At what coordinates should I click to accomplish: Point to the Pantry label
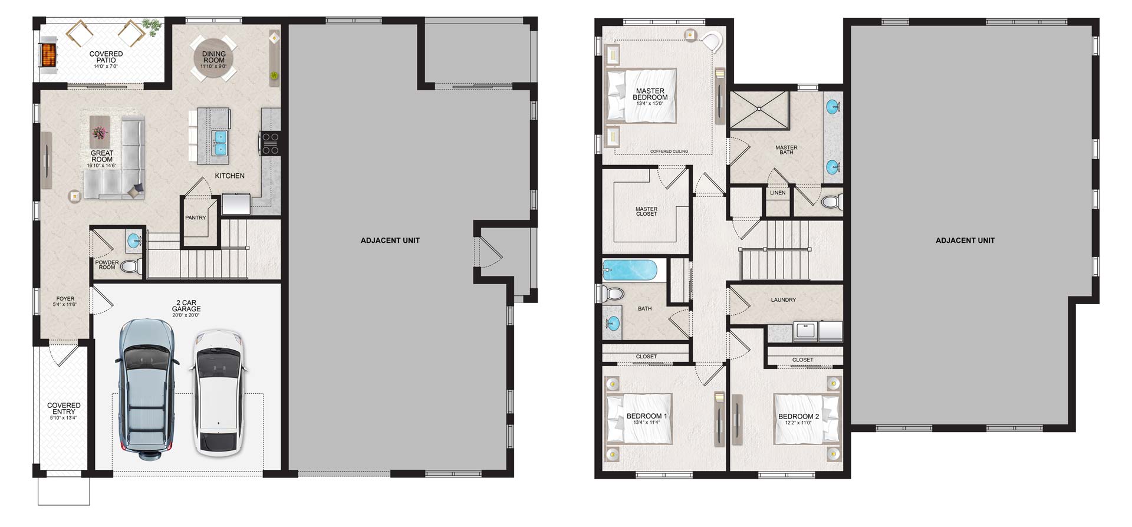tap(196, 218)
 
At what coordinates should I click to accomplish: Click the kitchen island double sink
tap(220, 142)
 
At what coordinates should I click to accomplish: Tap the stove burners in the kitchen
tap(270, 144)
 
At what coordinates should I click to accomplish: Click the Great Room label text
tap(102, 156)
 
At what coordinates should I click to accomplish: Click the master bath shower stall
tap(759, 109)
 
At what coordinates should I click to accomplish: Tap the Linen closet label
tap(778, 193)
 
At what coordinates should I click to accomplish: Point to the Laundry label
tap(784, 300)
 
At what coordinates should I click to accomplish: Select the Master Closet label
tap(646, 211)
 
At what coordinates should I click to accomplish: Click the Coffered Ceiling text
tap(669, 151)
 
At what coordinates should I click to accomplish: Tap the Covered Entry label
tap(64, 409)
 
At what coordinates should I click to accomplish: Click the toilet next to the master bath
tap(831, 202)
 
